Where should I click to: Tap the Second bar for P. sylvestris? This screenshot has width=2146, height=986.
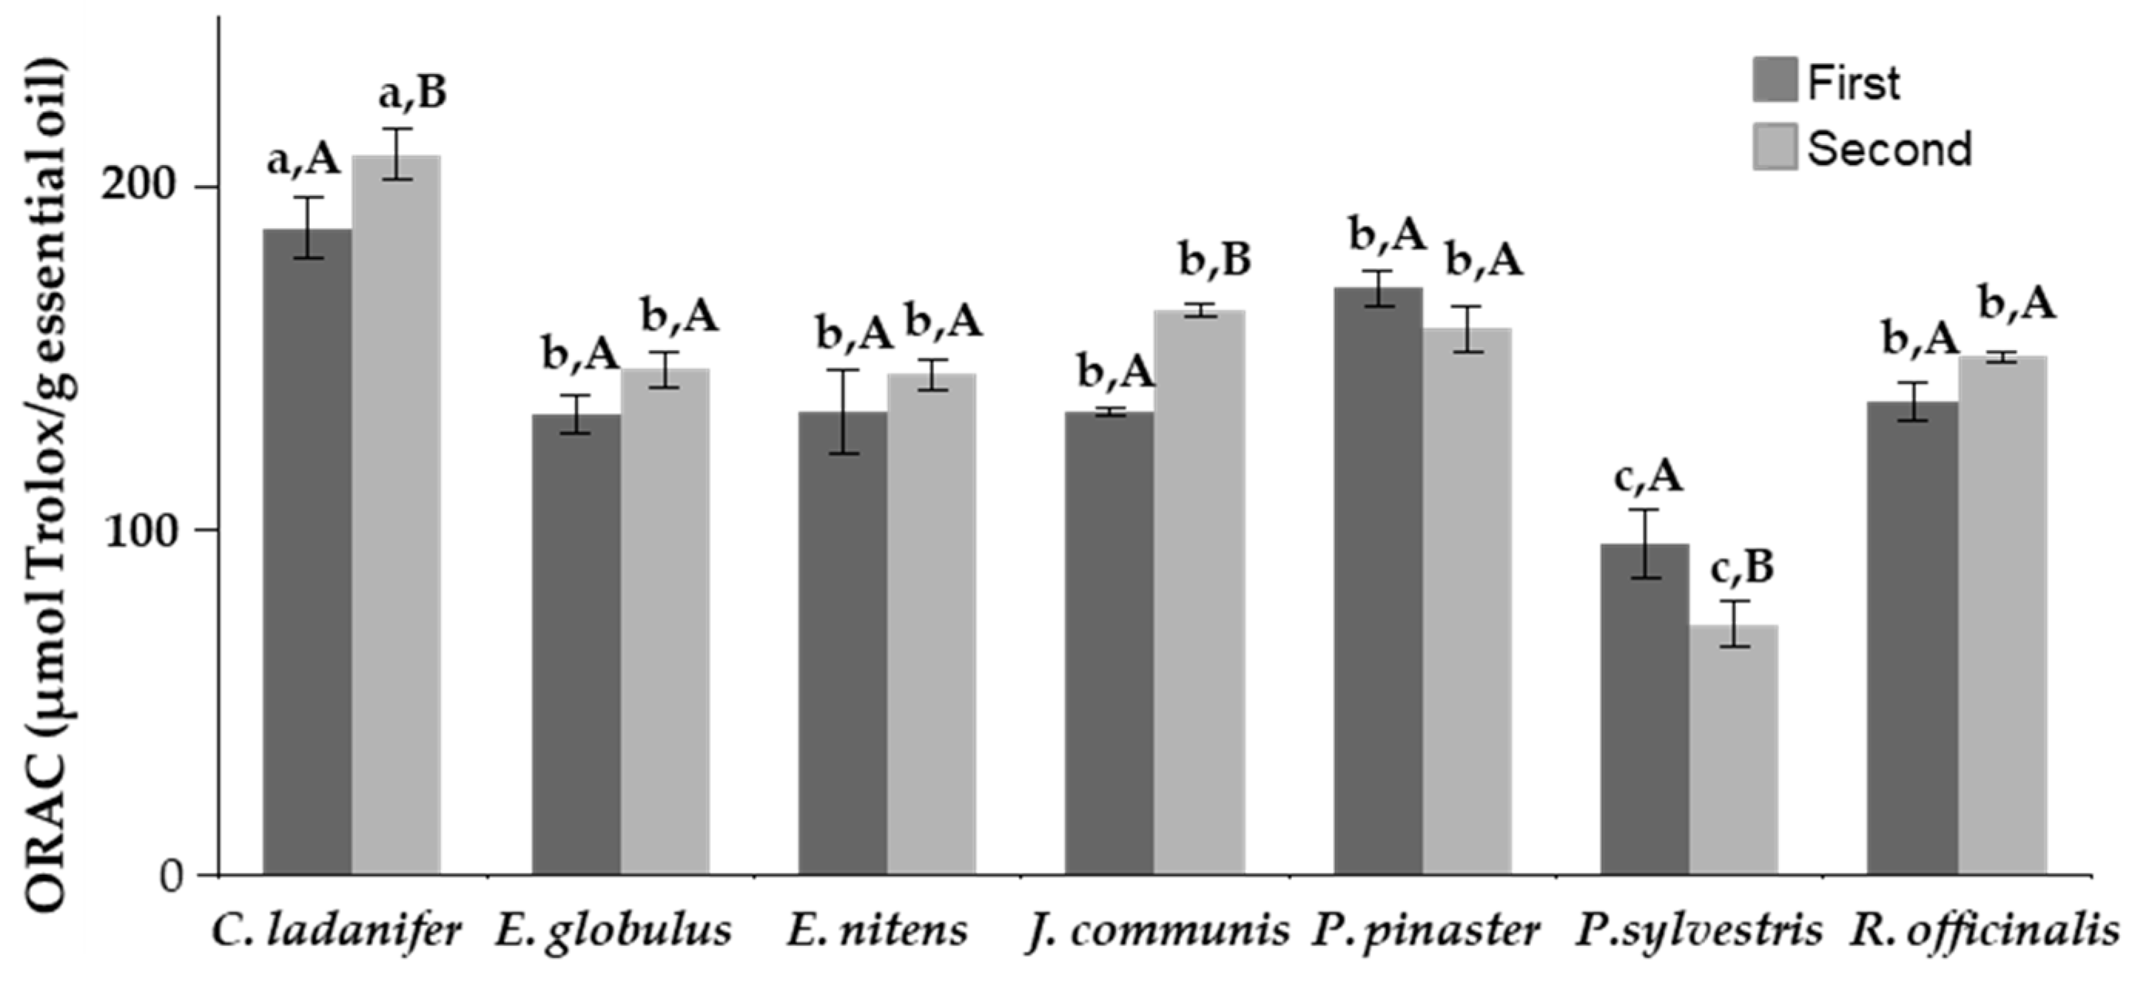pos(1733,750)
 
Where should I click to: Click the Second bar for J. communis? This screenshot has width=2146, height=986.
pos(1199,593)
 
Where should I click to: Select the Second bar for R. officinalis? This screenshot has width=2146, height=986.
pos(2002,616)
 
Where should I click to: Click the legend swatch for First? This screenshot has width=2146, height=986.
pos(1774,80)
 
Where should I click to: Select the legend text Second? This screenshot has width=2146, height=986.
pos(1889,150)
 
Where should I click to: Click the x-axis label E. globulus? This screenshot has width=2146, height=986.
pos(613,932)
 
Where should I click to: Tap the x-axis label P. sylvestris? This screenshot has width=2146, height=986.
pos(1698,932)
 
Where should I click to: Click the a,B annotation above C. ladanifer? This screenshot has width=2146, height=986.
pos(412,93)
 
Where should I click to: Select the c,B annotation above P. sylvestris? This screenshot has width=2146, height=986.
pos(1742,568)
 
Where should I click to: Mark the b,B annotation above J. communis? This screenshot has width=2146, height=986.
pos(1215,260)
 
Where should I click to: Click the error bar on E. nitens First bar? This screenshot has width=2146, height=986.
pos(843,412)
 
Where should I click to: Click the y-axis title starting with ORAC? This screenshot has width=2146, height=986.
pos(45,483)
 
